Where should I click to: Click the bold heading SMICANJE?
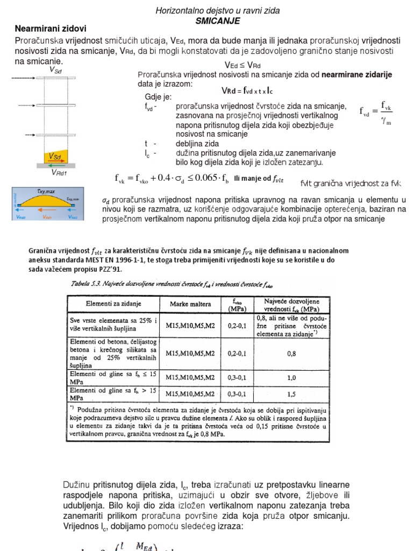click(218, 20)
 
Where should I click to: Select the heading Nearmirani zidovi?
click(50, 28)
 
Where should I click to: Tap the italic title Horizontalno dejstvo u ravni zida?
click(218, 11)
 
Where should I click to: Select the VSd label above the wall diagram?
click(55, 69)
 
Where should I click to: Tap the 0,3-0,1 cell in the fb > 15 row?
click(238, 394)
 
